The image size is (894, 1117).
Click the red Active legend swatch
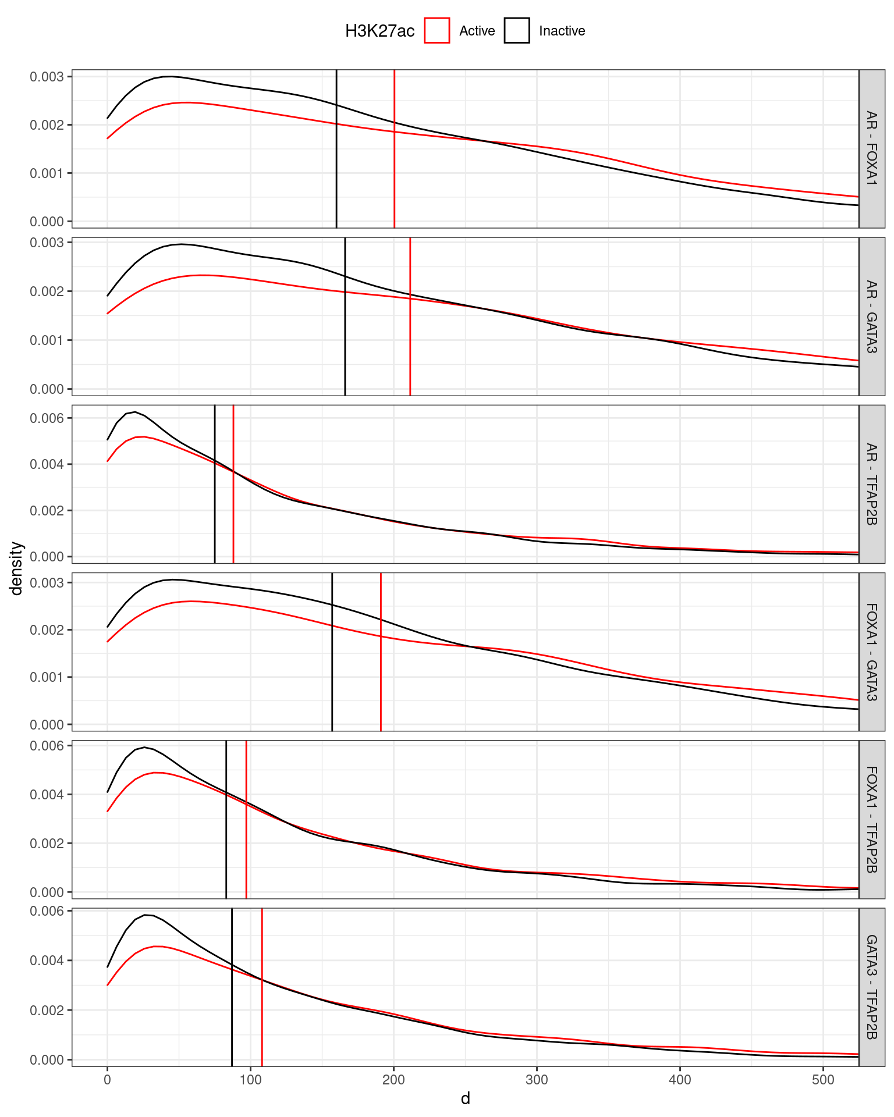tap(437, 31)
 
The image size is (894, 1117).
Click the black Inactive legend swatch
tap(517, 31)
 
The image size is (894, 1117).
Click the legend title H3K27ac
tap(379, 31)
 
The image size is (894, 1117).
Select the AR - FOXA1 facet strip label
tap(871, 148)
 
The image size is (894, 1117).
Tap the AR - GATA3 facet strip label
tap(871, 316)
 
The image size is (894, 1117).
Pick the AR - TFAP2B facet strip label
tap(871, 484)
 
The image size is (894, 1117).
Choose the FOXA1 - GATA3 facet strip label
tap(871, 652)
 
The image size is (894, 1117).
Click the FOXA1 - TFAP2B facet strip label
tap(871, 819)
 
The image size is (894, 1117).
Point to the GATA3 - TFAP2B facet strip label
tap(871, 987)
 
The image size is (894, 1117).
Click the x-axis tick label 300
tap(537, 1080)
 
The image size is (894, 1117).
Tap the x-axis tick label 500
tap(823, 1080)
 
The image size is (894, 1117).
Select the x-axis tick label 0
tap(107, 1080)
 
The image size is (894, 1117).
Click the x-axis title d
tap(465, 1099)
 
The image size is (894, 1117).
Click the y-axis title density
tap(17, 568)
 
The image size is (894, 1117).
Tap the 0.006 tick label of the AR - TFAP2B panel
tap(48, 418)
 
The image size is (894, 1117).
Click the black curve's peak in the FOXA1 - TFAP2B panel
tap(144, 747)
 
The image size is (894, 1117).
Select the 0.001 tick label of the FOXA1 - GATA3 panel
tap(48, 677)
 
